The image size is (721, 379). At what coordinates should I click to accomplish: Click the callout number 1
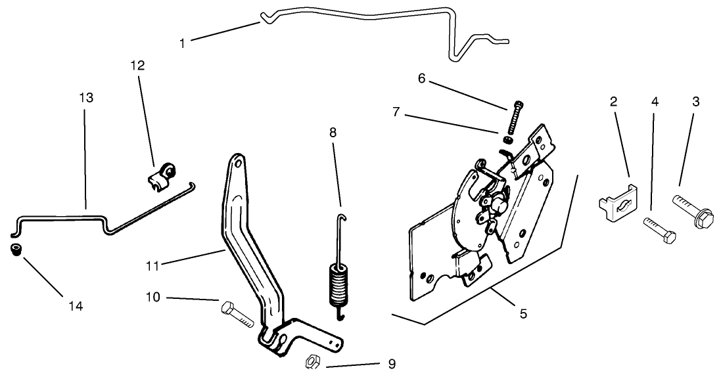182,43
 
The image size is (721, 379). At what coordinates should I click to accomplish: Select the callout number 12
137,66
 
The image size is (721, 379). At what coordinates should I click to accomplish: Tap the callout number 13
85,98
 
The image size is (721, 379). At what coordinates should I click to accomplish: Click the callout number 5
523,314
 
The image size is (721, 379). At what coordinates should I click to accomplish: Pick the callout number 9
392,364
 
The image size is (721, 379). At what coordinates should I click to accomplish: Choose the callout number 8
333,132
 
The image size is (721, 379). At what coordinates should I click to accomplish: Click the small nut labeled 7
508,139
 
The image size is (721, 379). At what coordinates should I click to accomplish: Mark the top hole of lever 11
237,161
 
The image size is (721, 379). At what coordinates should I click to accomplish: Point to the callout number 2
613,101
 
